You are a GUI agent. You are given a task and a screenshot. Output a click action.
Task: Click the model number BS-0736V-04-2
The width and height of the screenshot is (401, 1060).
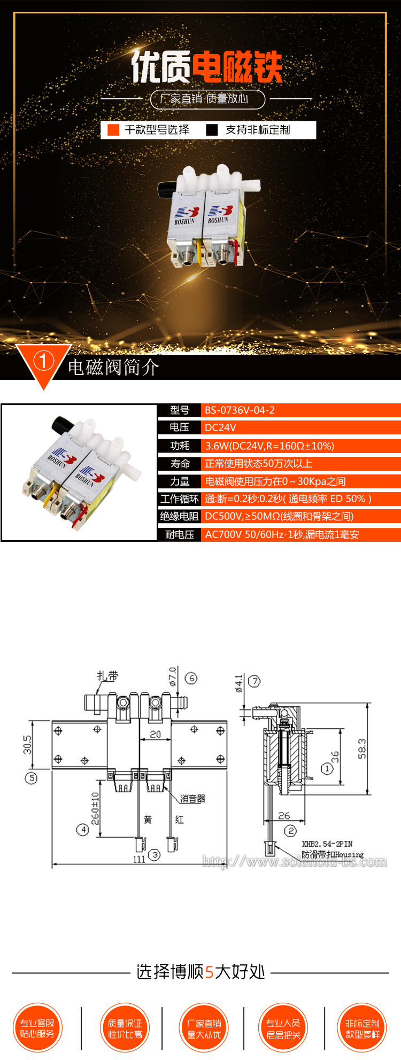click(240, 410)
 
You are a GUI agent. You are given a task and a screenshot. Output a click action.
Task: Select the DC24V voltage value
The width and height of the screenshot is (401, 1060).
click(220, 427)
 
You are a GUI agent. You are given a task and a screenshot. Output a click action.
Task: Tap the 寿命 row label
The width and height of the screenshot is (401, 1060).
click(180, 464)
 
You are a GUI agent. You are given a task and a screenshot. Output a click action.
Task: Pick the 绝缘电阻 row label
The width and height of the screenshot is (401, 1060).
click(179, 516)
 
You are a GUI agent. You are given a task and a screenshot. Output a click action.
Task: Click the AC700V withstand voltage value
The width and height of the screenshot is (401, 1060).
click(282, 534)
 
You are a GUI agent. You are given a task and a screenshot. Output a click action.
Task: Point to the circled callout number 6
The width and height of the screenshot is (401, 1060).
click(191, 678)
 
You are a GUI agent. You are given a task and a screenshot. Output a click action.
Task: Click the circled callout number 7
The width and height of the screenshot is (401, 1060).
click(255, 681)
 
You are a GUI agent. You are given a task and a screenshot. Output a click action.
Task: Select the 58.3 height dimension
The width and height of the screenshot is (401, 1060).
click(362, 749)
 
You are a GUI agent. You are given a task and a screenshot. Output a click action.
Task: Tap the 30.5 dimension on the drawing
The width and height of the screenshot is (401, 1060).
click(27, 744)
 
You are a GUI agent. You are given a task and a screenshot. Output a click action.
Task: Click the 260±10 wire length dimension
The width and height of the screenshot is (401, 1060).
click(95, 808)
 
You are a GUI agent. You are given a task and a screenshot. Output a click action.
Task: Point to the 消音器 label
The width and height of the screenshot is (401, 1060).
click(192, 799)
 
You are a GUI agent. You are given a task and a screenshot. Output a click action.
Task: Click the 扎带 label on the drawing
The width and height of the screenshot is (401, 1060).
click(107, 676)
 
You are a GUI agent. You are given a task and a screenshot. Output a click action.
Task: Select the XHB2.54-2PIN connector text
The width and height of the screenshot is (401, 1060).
click(327, 844)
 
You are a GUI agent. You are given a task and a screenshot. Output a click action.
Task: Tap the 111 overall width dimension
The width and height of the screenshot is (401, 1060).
click(139, 859)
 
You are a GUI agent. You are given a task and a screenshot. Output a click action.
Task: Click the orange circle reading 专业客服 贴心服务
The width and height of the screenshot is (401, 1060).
click(37, 1028)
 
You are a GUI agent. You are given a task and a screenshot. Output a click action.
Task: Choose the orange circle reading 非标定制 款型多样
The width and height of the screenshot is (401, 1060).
click(363, 1028)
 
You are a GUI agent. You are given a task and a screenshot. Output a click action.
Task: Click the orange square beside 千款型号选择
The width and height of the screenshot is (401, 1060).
click(113, 130)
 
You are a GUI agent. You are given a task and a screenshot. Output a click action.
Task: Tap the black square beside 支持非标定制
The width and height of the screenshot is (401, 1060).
click(212, 130)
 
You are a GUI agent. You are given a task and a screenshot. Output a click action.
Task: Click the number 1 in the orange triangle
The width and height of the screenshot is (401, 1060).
click(43, 361)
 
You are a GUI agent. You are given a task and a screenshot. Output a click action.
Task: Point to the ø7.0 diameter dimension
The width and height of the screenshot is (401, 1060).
click(172, 676)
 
